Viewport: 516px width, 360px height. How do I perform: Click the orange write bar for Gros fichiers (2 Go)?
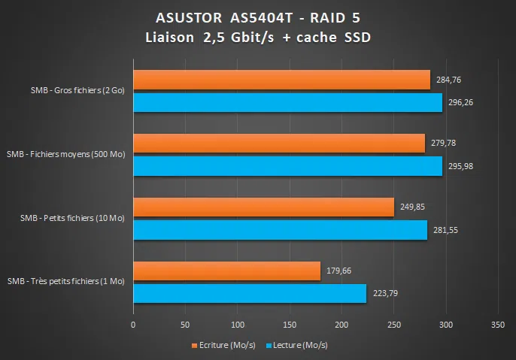click(281, 80)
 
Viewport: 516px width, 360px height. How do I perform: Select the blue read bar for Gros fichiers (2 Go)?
click(287, 102)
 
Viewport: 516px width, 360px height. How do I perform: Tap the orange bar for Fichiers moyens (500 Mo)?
click(279, 144)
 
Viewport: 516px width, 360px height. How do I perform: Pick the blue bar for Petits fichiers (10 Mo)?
click(280, 230)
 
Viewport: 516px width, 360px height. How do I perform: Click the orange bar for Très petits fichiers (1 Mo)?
click(226, 271)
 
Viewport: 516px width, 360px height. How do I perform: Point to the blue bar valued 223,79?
click(250, 294)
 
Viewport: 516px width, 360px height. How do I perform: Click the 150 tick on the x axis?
click(290, 325)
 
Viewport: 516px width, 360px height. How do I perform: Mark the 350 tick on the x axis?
click(497, 325)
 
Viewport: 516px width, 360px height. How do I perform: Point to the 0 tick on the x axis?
click(133, 325)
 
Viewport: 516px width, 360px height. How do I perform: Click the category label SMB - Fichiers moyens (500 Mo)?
click(65, 154)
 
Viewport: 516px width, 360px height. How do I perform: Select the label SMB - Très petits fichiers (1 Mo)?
click(65, 282)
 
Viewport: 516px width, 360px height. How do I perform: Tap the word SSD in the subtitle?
click(355, 38)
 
